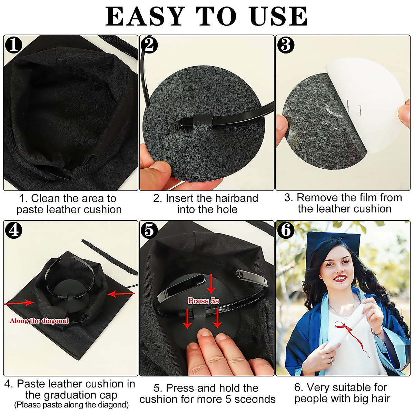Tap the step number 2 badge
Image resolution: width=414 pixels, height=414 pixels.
149,45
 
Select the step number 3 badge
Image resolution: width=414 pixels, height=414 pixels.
286,45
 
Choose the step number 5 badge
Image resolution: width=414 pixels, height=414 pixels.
149,230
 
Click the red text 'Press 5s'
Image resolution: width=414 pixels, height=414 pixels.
204,301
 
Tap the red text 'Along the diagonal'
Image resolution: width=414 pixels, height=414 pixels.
39,321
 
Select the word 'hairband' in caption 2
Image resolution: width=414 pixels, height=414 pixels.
236,198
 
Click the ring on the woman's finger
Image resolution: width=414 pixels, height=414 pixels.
331,359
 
